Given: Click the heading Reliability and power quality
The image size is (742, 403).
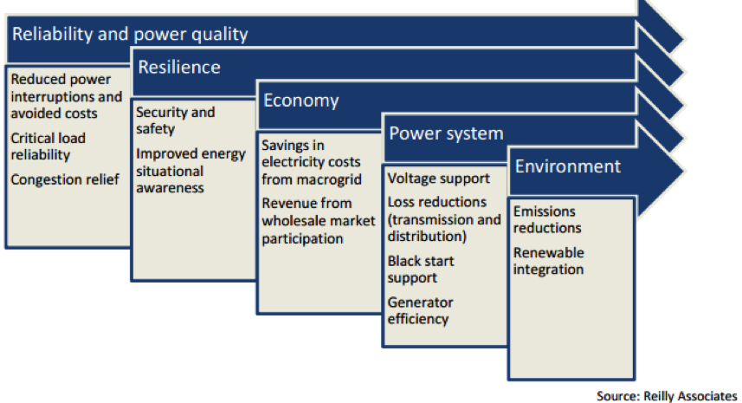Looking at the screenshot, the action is click(130, 35).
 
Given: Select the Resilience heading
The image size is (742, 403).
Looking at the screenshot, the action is click(179, 68).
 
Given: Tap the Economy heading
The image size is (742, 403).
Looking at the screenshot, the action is click(301, 101).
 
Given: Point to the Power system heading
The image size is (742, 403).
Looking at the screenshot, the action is click(446, 133).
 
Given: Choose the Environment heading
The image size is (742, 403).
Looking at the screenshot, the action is click(567, 166).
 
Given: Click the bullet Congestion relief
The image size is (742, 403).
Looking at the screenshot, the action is click(65, 180).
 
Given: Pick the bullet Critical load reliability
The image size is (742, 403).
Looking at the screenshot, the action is click(48, 146).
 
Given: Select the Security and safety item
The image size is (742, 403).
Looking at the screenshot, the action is click(175, 120).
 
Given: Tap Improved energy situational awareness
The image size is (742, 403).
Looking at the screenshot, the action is click(190, 171).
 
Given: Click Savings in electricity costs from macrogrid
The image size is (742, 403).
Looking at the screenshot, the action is click(312, 162).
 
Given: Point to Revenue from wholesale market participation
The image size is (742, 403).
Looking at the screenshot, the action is click(319, 221).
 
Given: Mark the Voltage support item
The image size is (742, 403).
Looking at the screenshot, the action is click(439, 179).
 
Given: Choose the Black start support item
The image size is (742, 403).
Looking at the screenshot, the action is click(421, 269).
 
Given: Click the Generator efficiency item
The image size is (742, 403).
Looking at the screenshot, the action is click(420, 310).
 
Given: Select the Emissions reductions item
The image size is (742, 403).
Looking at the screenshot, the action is click(547, 219).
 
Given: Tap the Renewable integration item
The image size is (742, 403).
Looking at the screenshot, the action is click(548, 261).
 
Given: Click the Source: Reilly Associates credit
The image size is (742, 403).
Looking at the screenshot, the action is click(667, 396).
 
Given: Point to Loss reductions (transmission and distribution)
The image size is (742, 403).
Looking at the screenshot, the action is click(444, 219).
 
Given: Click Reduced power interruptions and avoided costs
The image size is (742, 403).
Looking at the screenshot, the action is click(67, 96).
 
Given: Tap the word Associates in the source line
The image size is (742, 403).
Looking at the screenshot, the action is click(707, 396).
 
